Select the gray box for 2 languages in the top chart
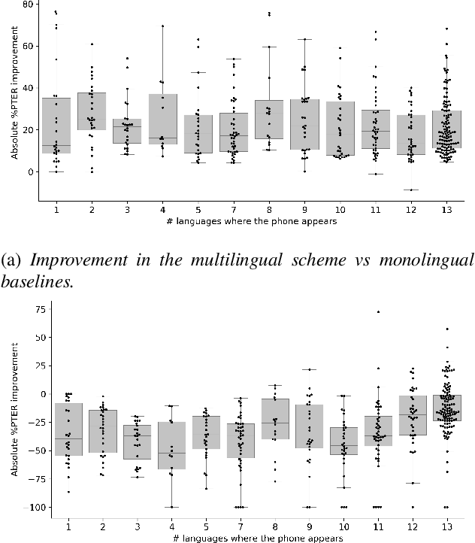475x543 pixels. tap(92, 111)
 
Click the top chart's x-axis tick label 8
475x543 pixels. tap(269, 209)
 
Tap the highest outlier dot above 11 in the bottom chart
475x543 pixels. tap(378, 311)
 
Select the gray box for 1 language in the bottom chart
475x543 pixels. tap(68, 429)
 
